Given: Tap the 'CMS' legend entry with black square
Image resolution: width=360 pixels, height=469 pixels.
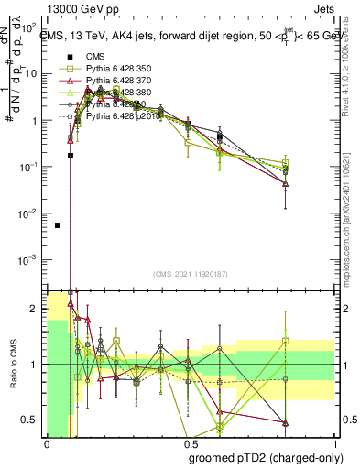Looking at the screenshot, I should point(84,55).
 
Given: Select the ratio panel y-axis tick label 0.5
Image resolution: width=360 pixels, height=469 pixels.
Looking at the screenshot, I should point(33,420).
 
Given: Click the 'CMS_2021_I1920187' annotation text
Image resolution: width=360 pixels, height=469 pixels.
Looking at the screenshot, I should point(188,274).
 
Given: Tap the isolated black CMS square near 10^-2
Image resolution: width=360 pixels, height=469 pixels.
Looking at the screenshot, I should point(58,225).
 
